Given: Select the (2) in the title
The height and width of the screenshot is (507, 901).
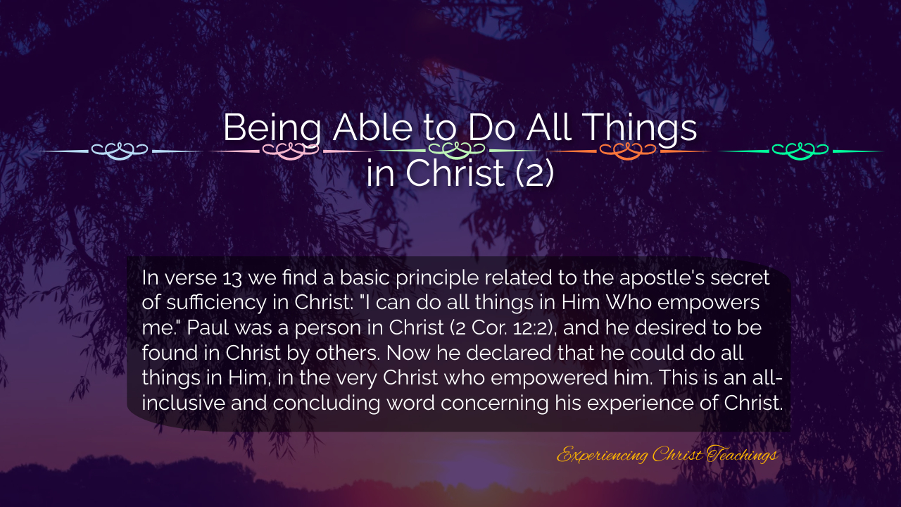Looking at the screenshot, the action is (535, 173).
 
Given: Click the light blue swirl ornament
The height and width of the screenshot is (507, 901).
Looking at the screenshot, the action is (120, 151).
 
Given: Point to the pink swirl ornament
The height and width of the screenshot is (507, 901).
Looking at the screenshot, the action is (291, 151).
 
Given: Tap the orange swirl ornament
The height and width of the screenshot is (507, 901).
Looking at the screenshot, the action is (627, 151).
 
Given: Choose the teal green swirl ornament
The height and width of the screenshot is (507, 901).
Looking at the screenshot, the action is (800, 151).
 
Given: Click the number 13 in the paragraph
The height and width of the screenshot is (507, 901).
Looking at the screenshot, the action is (232, 278).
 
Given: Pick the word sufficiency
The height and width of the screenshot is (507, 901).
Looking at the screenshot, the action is (216, 303).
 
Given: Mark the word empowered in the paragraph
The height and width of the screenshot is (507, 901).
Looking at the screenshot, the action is (549, 378).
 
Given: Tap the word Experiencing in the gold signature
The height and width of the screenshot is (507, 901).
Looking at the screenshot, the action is (602, 455).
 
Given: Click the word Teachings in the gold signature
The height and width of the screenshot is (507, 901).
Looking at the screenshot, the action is (742, 455).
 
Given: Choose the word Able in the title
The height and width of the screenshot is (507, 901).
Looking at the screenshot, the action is (372, 128).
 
